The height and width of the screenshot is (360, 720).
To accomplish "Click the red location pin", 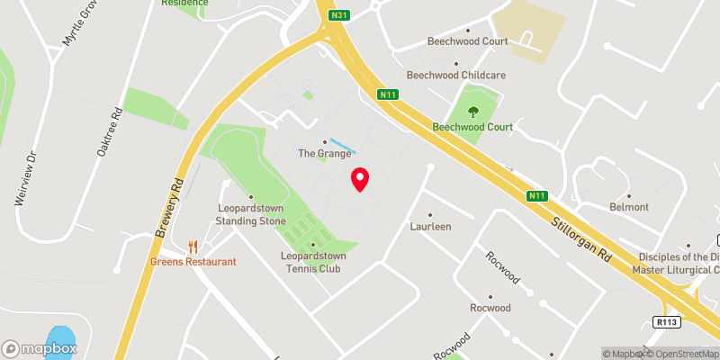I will point(360,179).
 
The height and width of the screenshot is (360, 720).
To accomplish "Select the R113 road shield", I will point(667,320).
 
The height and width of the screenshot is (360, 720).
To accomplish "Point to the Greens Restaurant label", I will point(193,262).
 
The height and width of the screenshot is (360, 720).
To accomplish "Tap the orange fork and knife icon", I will point(193,246).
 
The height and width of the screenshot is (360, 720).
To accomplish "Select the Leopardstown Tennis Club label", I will point(312,262).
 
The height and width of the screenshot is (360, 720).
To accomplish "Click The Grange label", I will point(325,154).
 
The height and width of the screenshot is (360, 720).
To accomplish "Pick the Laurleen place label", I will point(430,227).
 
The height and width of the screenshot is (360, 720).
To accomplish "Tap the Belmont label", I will point(628,207).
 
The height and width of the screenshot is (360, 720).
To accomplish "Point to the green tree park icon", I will point(473,112).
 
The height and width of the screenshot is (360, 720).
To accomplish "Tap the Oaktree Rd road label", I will point(110,134).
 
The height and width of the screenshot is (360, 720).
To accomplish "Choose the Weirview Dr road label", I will point(24,179).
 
